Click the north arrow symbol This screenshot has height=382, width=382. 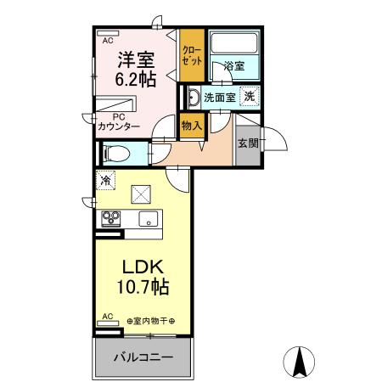click(299, 362)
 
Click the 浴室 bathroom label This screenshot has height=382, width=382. click(234, 66)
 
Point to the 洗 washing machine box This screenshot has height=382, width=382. click(250, 96)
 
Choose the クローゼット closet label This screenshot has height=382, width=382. click(191, 56)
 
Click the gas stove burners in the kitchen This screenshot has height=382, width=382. click(110, 218)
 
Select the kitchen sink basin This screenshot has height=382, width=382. click(149, 219)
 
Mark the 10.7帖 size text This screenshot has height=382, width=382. click(142, 287)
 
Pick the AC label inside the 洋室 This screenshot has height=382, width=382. click(108, 40)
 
